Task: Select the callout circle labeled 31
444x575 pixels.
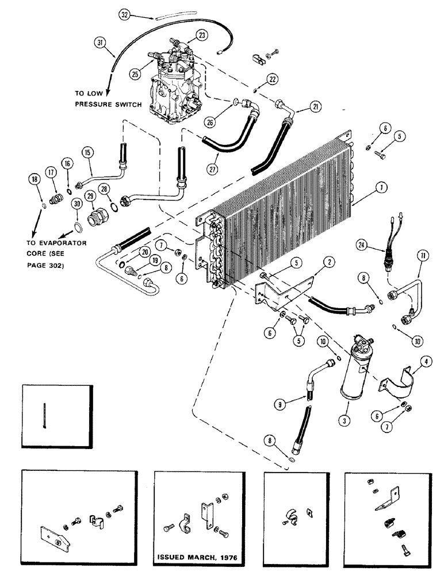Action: tap(102, 43)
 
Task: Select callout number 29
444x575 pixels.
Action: tap(91, 197)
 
